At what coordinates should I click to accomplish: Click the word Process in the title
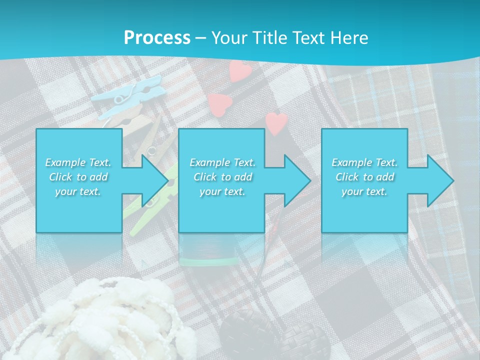pos(157,37)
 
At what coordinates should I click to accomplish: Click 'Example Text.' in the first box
pos(78,162)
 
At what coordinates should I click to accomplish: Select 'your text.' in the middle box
pos(222,191)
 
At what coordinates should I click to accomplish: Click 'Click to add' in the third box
pos(364,177)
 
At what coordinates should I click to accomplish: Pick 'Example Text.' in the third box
pos(364,162)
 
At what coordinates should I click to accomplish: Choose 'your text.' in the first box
pos(78,191)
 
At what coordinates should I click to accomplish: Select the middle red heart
pos(220,103)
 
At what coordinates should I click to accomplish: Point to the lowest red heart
pos(276,122)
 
